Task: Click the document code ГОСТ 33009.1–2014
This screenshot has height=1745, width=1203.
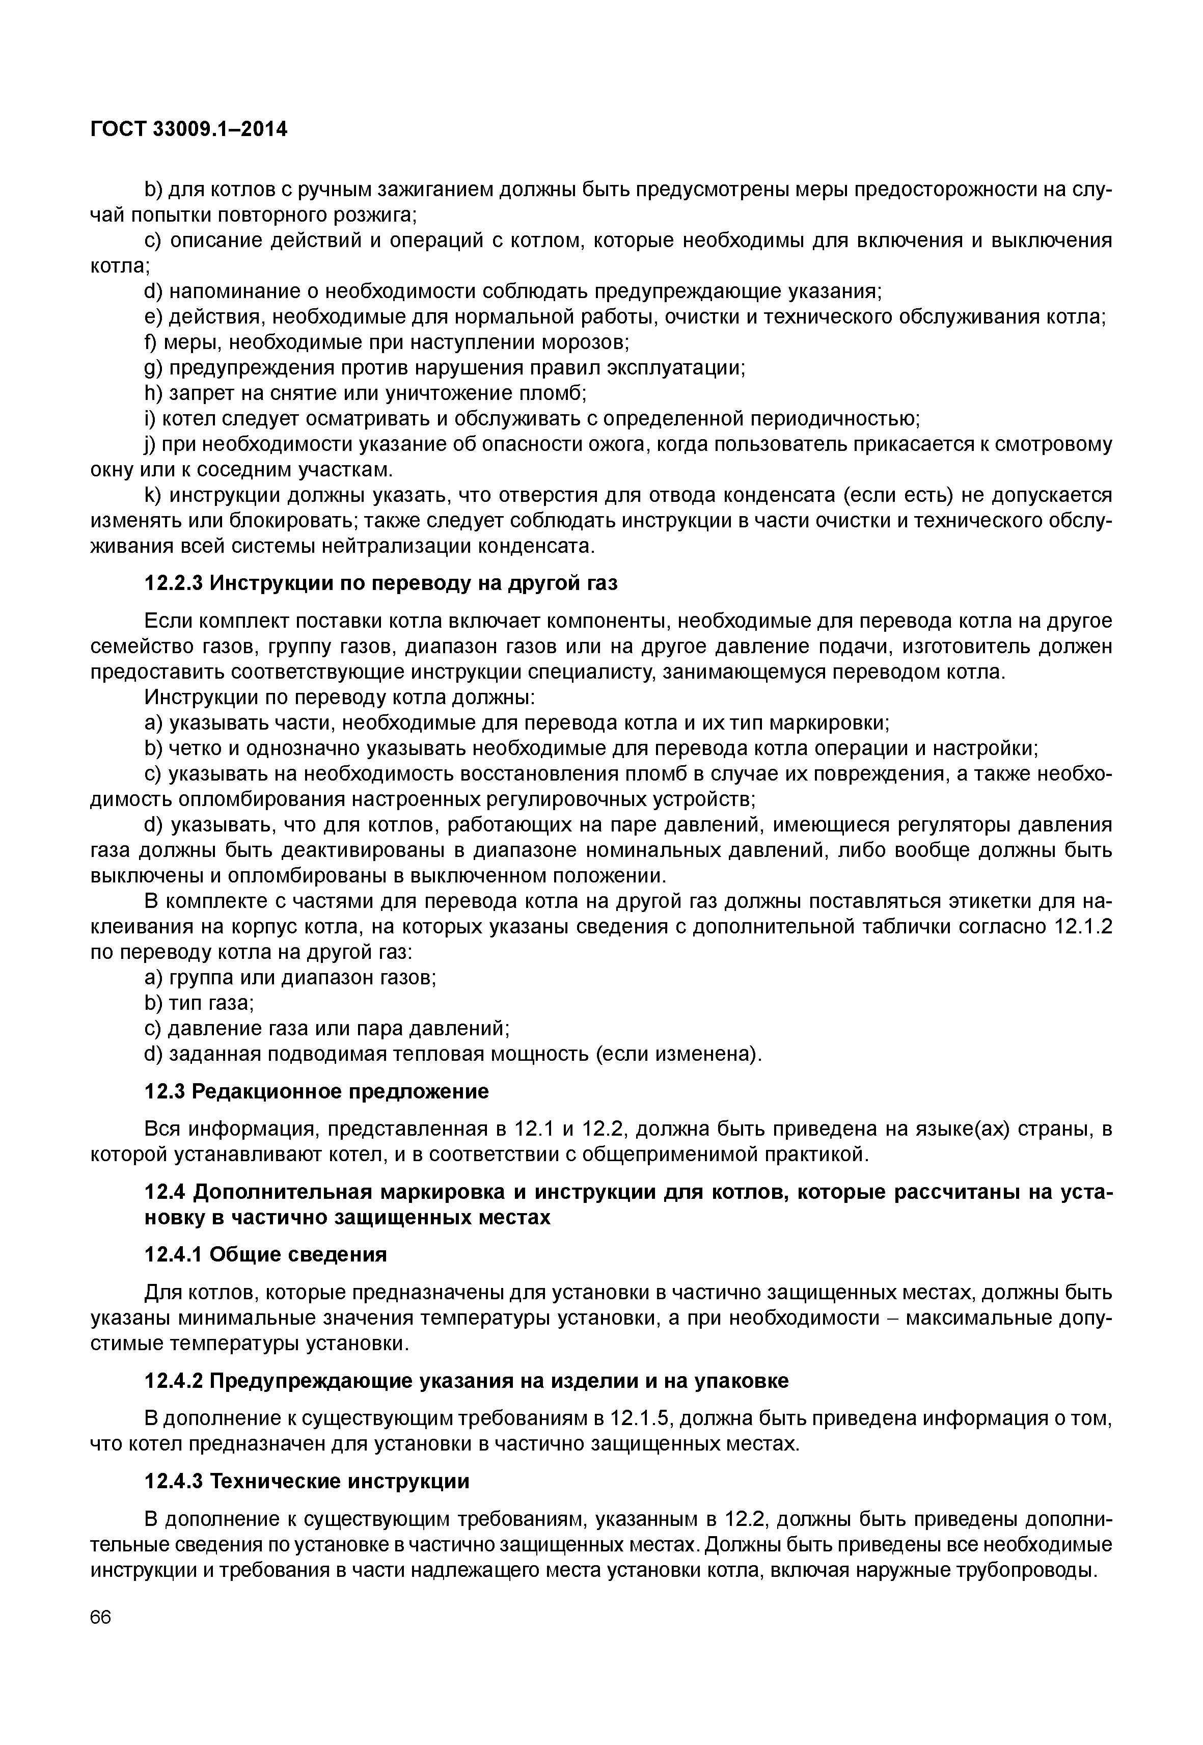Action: click(x=188, y=130)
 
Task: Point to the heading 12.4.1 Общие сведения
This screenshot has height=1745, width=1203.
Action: click(x=265, y=1255)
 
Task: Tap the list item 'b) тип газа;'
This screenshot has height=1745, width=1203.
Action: click(x=199, y=1003)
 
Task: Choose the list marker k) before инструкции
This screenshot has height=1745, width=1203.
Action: click(x=154, y=495)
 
